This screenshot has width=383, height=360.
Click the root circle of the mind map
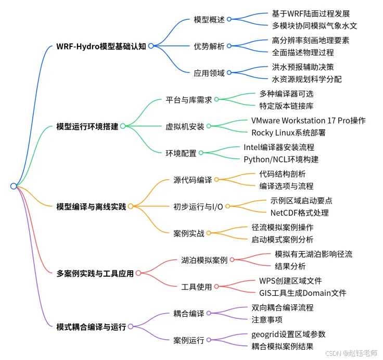[14, 186]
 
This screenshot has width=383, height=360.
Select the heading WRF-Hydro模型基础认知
[101, 46]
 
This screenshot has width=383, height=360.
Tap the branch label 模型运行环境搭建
[87, 126]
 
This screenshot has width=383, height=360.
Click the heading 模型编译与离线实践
[91, 206]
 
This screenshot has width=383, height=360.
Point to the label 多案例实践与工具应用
[95, 272]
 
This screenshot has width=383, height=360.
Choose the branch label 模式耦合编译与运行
[91, 327]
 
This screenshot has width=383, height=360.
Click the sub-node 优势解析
[209, 46]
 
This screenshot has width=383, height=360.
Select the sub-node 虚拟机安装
[185, 126]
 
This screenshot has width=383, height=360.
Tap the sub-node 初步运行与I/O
[198, 206]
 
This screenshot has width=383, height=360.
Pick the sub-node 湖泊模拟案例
[205, 259]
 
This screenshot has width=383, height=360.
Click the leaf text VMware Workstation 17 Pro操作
[309, 120]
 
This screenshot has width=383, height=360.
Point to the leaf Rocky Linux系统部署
[288, 132]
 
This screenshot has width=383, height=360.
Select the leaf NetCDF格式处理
[299, 212]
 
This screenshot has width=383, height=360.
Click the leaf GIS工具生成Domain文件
[303, 293]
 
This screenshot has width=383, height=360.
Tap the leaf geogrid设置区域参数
[288, 333]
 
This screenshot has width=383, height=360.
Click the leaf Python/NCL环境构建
[281, 159]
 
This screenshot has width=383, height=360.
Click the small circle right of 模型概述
[229, 19]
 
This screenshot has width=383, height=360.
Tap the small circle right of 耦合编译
[209, 313]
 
